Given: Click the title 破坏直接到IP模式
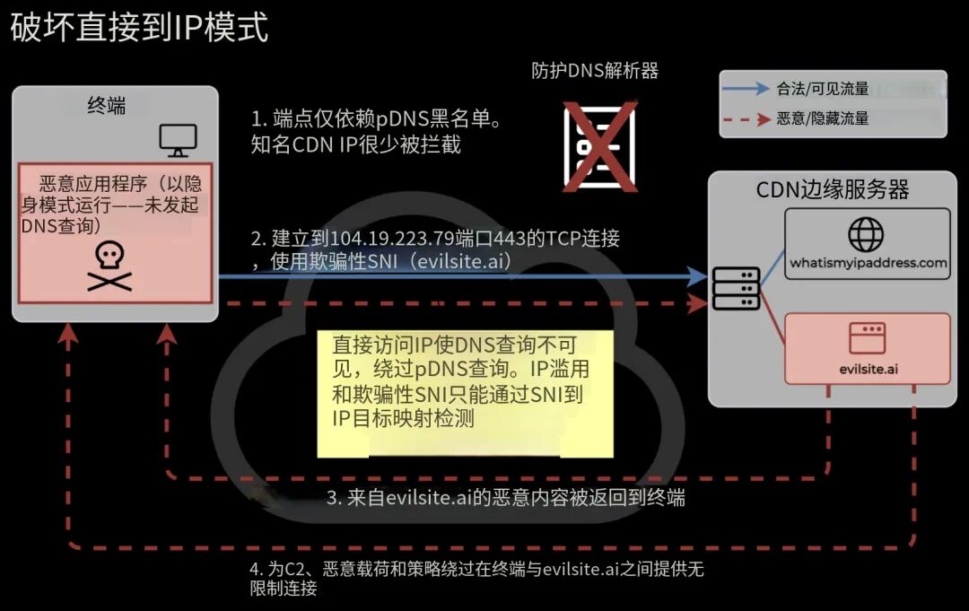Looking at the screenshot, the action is pyautogui.click(x=139, y=28).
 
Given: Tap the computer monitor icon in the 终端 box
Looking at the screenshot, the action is pyautogui.click(x=178, y=140).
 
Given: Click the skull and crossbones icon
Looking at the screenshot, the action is pyautogui.click(x=109, y=266).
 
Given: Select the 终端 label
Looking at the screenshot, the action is pyautogui.click(x=106, y=106).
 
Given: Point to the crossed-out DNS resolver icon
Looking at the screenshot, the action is pyautogui.click(x=599, y=147).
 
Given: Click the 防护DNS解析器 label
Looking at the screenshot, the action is pyautogui.click(x=595, y=71).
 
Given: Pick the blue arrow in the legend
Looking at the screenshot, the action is pyautogui.click(x=746, y=89).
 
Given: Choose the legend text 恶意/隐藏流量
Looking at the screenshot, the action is pyautogui.click(x=823, y=118).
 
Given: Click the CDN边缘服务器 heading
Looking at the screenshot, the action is pyautogui.click(x=833, y=189).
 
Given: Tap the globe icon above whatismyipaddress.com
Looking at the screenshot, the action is pyautogui.click(x=866, y=234).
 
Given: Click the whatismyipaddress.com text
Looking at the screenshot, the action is pyautogui.click(x=869, y=263).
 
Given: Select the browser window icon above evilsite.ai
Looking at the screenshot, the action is pyautogui.click(x=868, y=338).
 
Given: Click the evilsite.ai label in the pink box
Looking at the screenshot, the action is pyautogui.click(x=869, y=370).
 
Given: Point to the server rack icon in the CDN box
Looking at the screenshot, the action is pyautogui.click(x=736, y=289).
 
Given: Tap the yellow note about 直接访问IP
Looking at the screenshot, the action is pyautogui.click(x=465, y=394).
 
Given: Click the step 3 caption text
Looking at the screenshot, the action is pyautogui.click(x=505, y=498).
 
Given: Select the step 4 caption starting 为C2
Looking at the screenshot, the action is pyautogui.click(x=476, y=579).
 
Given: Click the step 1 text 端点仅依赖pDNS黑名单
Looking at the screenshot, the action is pyautogui.click(x=376, y=118).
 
